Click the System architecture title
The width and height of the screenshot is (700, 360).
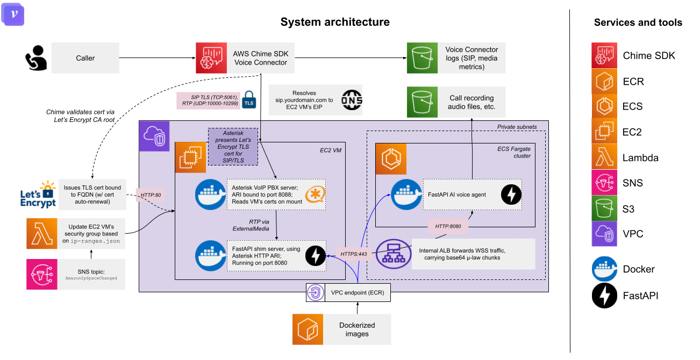click(x=335, y=22)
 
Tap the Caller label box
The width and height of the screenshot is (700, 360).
click(x=85, y=58)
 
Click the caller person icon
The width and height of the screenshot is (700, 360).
click(x=37, y=58)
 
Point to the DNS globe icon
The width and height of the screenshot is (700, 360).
click(x=352, y=100)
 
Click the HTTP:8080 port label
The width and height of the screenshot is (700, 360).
click(x=446, y=227)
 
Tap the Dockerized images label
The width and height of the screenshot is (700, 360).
click(x=356, y=329)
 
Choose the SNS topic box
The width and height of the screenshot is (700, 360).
click(x=91, y=274)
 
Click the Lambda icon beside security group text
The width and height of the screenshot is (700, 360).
click(x=42, y=233)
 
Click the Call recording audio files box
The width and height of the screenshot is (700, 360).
click(x=471, y=102)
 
